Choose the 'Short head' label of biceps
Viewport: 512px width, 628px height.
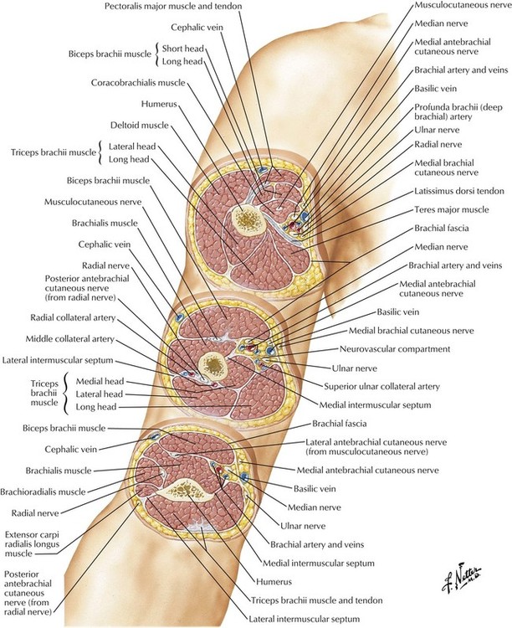click(182, 48)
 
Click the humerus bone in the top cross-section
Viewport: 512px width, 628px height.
click(248, 220)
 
